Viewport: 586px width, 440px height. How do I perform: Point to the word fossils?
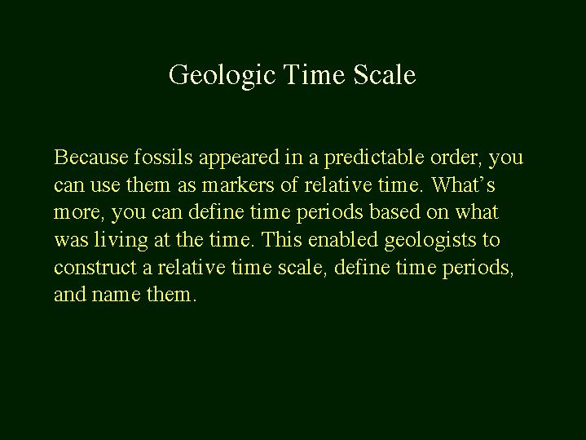tap(163, 157)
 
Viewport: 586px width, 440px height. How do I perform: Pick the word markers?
tap(238, 184)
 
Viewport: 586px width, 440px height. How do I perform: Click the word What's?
tap(464, 184)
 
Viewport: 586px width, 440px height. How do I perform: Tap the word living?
tap(121, 241)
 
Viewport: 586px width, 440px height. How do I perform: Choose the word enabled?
tap(342, 239)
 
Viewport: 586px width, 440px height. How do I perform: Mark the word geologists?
tap(430, 241)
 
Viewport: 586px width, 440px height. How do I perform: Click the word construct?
tap(95, 268)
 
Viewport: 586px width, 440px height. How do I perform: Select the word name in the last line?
tap(116, 296)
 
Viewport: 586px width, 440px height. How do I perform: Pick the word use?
tap(105, 186)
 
